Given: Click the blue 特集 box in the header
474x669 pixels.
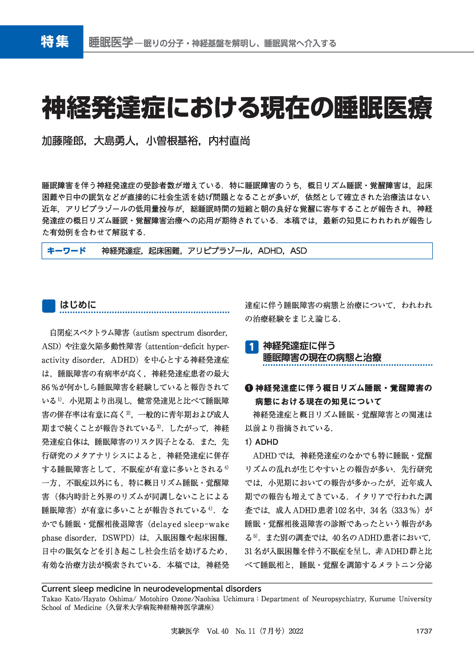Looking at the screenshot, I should point(42,42).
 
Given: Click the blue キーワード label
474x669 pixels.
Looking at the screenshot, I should point(66,251).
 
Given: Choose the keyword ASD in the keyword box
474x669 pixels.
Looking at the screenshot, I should point(298,251).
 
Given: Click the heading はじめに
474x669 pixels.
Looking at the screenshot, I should point(78,305).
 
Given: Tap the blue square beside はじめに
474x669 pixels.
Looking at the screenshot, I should point(48,306).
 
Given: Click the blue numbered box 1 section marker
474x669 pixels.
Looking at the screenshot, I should point(252,347).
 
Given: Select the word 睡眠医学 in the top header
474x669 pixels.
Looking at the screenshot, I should point(111,43).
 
